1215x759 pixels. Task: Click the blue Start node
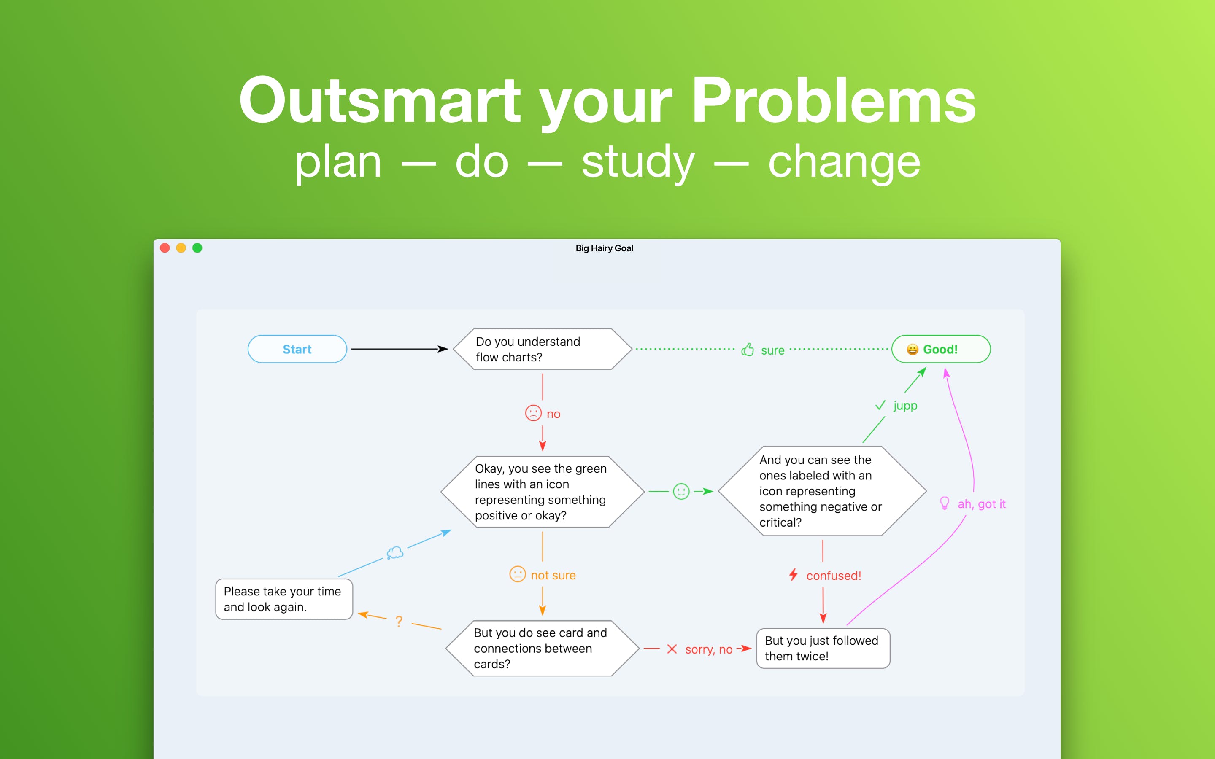pos(297,349)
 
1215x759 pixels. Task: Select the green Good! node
pos(941,349)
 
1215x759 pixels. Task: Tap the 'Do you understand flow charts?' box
pos(542,349)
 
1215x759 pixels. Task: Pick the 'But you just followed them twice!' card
pos(823,648)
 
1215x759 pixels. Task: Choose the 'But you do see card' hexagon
pos(542,648)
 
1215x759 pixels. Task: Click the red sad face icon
pos(533,413)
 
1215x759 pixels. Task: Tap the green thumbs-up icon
pos(748,350)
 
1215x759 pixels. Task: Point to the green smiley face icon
pos(681,491)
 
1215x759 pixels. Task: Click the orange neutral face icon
pos(518,574)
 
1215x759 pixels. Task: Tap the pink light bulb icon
pos(945,503)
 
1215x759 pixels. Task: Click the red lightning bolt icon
pos(793,575)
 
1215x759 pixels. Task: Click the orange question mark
pos(399,622)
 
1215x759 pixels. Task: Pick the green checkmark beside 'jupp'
pos(880,405)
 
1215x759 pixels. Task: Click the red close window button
pos(165,248)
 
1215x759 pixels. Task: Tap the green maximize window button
pos(197,248)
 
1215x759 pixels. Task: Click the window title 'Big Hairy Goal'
pos(605,248)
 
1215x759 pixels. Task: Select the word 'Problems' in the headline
pos(834,100)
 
